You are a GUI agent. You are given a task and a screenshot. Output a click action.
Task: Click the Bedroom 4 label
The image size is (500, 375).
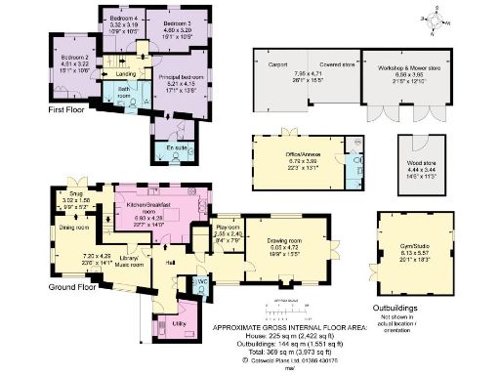point(123,20)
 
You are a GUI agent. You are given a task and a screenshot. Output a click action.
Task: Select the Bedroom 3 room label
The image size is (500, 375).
point(177,21)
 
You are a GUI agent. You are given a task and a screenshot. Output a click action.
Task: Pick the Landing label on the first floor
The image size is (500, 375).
point(126,73)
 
